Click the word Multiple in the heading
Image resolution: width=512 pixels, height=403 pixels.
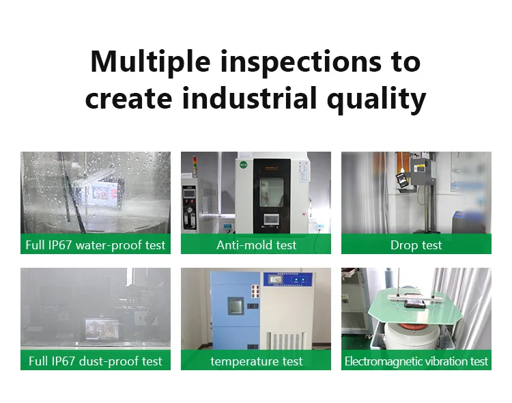[x=150, y=62]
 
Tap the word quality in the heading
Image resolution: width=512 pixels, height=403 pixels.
[x=376, y=99]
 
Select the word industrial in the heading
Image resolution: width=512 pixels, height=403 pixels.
[x=249, y=98]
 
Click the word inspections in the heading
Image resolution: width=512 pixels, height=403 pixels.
[x=301, y=62]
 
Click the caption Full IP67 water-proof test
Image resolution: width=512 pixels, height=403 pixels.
[x=96, y=245]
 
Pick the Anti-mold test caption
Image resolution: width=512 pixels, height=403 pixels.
[x=256, y=245]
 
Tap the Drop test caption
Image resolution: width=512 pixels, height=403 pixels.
[x=416, y=245]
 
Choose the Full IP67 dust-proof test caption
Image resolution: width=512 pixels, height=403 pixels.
[x=96, y=361]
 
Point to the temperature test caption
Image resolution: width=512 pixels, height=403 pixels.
[x=256, y=361]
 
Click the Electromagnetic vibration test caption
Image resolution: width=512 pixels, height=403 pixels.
[x=416, y=361]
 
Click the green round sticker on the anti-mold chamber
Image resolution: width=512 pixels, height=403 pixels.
[x=243, y=165]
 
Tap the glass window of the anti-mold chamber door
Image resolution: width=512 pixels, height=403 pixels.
[x=271, y=192]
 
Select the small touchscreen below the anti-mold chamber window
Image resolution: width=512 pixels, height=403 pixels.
[x=272, y=219]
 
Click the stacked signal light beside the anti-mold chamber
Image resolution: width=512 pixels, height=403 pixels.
[x=195, y=165]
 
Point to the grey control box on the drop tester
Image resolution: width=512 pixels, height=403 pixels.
[x=423, y=172]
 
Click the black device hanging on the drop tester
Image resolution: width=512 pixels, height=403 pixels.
[x=401, y=180]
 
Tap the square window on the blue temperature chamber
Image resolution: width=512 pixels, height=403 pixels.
[x=236, y=306]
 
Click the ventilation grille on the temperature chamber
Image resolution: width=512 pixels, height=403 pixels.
[x=287, y=342]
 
